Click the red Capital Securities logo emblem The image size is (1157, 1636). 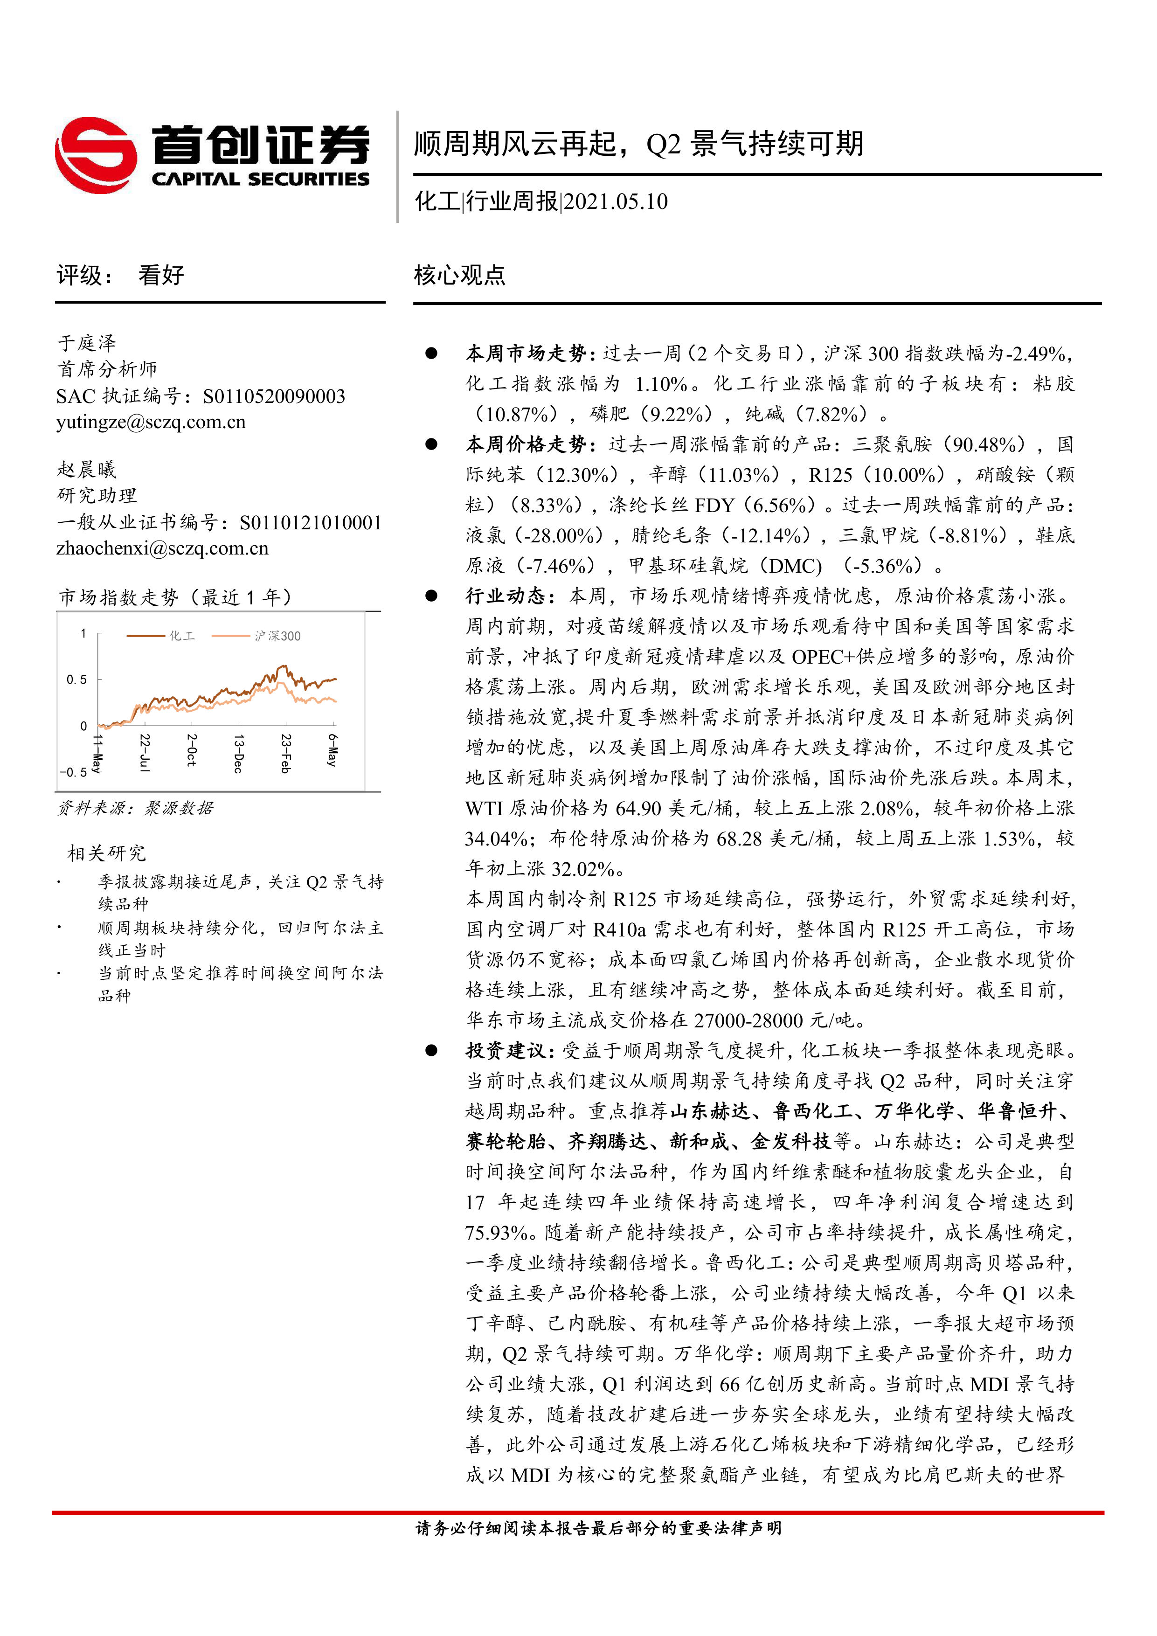(96, 155)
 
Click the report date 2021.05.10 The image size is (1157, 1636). (616, 201)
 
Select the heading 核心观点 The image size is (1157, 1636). (459, 275)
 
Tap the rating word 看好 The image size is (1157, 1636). (161, 275)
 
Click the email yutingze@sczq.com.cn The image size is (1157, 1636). (151, 422)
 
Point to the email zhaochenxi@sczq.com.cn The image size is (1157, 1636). (162, 548)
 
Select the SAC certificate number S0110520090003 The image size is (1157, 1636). (274, 396)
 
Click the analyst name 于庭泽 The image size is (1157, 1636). (87, 343)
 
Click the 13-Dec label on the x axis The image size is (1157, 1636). (239, 754)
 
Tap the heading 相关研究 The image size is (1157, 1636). (106, 853)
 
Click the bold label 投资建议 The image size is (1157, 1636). (506, 1050)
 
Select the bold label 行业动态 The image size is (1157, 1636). (506, 596)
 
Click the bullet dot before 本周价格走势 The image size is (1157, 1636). (431, 444)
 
